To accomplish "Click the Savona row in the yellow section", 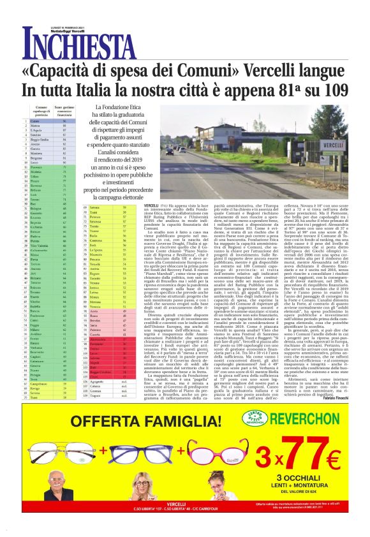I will click(x=106, y=208).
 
